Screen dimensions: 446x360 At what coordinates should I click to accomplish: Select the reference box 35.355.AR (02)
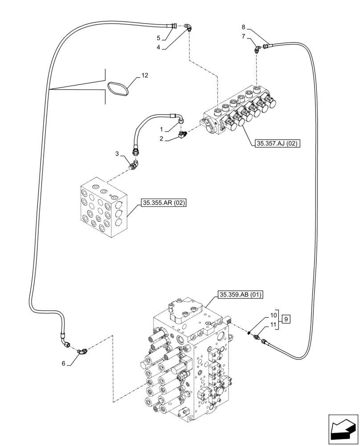tap(164, 203)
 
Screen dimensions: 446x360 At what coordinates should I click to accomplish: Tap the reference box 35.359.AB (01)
tap(241, 294)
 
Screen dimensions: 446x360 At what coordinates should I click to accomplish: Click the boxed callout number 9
tap(286, 319)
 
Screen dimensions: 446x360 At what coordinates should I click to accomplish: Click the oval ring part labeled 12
tap(118, 87)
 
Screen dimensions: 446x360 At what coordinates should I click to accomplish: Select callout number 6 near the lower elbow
tap(64, 363)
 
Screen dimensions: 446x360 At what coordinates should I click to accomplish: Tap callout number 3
tap(117, 154)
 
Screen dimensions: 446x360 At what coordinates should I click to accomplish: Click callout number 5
tap(159, 38)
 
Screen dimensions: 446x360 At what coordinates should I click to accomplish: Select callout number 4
tap(159, 46)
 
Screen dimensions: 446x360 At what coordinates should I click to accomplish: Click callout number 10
tap(273, 315)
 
